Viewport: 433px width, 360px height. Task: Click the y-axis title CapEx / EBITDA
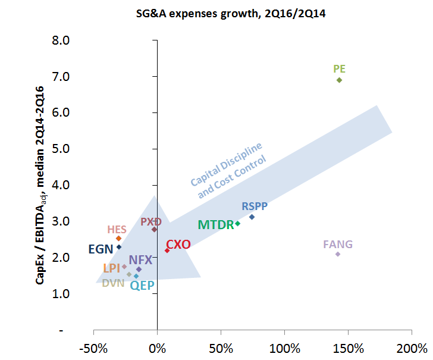click(40, 185)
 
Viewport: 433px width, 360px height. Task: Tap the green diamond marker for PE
click(339, 80)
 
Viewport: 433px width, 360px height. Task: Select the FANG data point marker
click(338, 254)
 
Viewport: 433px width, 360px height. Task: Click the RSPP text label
click(255, 206)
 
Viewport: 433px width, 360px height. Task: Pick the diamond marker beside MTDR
click(237, 224)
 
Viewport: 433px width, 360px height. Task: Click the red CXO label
click(178, 245)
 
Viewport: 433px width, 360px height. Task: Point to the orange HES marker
click(118, 239)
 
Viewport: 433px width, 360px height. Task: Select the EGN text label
click(101, 249)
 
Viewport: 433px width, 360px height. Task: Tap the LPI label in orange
click(111, 268)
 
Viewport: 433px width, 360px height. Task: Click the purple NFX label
click(140, 260)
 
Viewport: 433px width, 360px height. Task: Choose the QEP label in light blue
click(142, 285)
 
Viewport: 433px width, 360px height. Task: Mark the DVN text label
click(113, 283)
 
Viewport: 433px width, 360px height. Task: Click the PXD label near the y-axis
click(151, 222)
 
